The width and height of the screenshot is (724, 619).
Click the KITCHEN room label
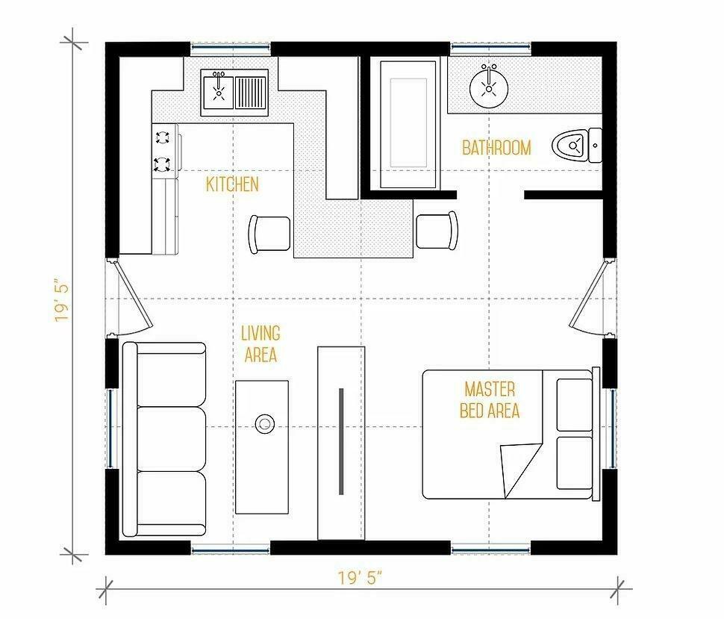click(232, 184)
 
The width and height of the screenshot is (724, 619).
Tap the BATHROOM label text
click(496, 148)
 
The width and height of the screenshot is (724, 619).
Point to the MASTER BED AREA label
click(490, 400)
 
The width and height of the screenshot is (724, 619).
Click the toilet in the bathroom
click(577, 146)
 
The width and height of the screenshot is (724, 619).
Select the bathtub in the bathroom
click(408, 125)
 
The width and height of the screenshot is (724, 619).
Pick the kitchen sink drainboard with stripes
click(251, 93)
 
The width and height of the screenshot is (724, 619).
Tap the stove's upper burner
click(163, 137)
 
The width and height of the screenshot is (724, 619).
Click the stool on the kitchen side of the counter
click(269, 234)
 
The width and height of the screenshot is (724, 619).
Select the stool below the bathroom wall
click(437, 231)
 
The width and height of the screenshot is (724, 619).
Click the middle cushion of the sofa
click(172, 439)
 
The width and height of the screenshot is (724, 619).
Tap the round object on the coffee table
click(264, 423)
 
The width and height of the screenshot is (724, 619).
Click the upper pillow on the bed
click(575, 405)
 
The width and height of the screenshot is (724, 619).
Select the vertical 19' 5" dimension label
click(63, 300)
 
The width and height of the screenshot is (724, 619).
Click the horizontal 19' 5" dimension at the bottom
click(361, 577)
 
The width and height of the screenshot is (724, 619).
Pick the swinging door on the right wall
click(589, 296)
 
